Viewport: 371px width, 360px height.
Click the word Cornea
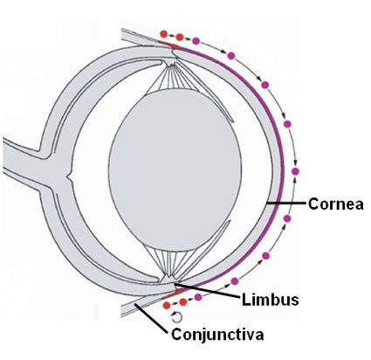coord(336,204)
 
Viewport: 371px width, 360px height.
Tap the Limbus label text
coord(271,300)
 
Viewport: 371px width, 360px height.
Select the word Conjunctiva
coord(217,335)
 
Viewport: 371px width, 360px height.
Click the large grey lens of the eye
coord(175,171)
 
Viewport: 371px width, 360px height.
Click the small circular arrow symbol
coord(176,317)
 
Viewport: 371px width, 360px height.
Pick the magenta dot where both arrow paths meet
coord(296,171)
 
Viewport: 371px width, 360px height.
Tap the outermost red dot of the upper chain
coord(163,34)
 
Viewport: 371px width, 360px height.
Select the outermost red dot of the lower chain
coord(167,305)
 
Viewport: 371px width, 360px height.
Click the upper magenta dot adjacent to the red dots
coord(196,41)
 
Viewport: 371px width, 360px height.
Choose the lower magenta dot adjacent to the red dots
coord(198,297)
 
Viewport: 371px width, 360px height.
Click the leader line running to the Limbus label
coord(207,290)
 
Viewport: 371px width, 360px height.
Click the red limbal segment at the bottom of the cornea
coord(172,294)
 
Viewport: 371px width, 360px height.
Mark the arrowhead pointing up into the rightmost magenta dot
coord(295,179)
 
